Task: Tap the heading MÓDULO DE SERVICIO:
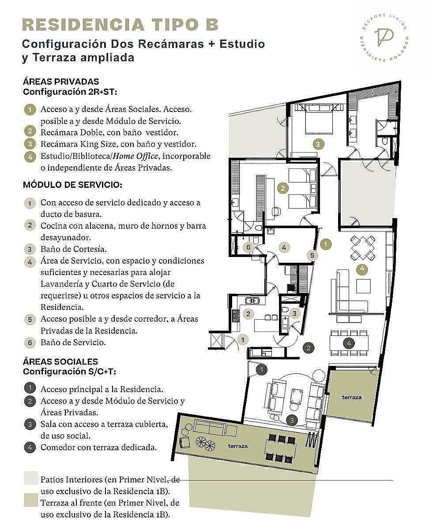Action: (73, 185)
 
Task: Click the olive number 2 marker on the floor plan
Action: (283, 188)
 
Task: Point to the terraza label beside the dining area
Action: (351, 397)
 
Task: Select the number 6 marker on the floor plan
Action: (248, 247)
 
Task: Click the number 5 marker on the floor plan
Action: (312, 255)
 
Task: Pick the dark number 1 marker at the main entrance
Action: (261, 370)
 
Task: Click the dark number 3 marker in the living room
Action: (292, 420)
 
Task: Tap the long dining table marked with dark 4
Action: (349, 343)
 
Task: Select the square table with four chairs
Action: (363, 248)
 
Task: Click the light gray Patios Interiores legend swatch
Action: (31, 478)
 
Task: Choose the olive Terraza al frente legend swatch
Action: (31, 500)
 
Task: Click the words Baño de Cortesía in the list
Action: (74, 249)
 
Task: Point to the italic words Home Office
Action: (135, 156)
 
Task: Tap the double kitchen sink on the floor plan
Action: (252, 301)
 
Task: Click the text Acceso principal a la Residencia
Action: (102, 389)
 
